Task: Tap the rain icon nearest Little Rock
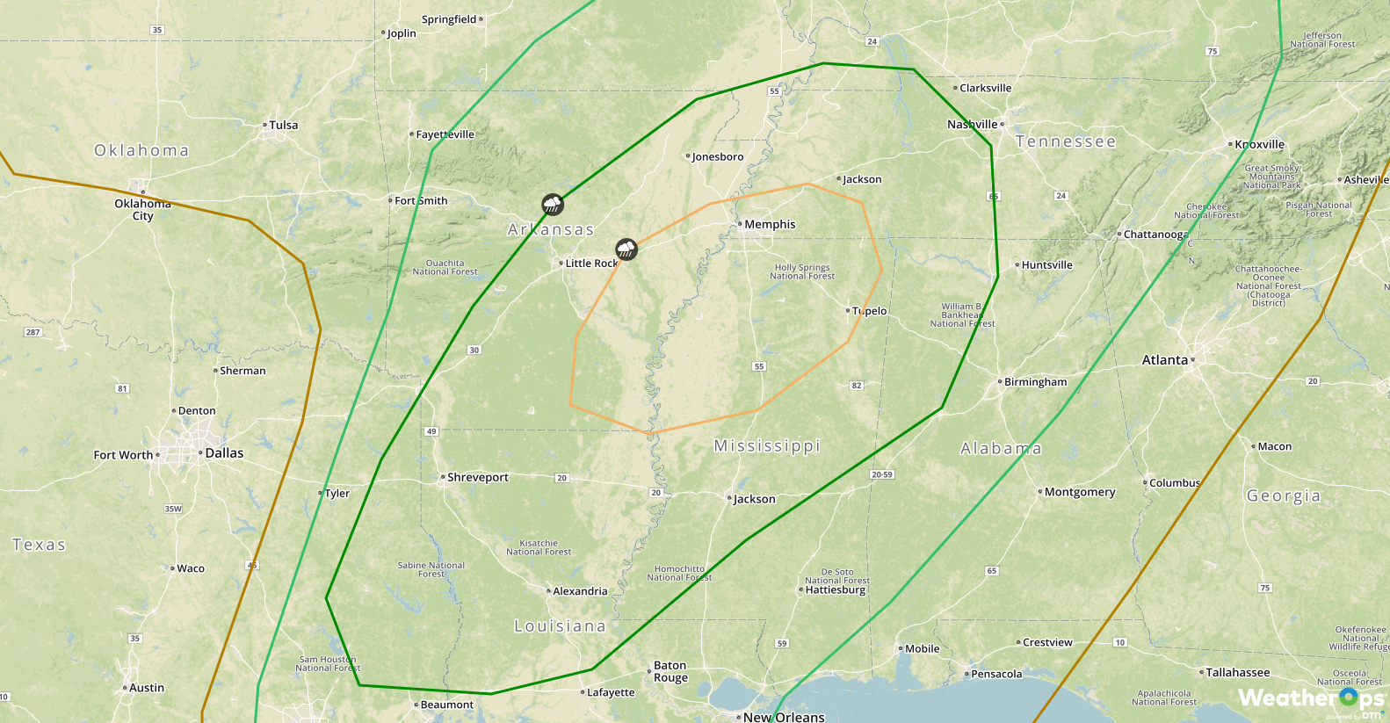pos(626,249)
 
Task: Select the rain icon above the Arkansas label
pos(552,206)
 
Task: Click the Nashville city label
pos(973,125)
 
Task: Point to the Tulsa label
pos(283,126)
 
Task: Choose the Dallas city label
pos(224,453)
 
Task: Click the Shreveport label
pos(477,478)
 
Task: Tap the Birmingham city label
pos(1035,382)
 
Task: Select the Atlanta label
pos(1165,360)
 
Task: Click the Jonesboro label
pos(717,157)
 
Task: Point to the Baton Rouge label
pos(670,672)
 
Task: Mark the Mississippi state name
pos(767,446)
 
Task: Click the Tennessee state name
pos(1066,142)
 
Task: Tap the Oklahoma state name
pos(141,151)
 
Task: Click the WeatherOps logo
pos(1310,699)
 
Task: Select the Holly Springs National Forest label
pos(802,272)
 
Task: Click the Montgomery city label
pos(1080,493)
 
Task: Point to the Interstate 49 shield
pos(431,431)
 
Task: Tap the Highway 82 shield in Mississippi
pos(857,386)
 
